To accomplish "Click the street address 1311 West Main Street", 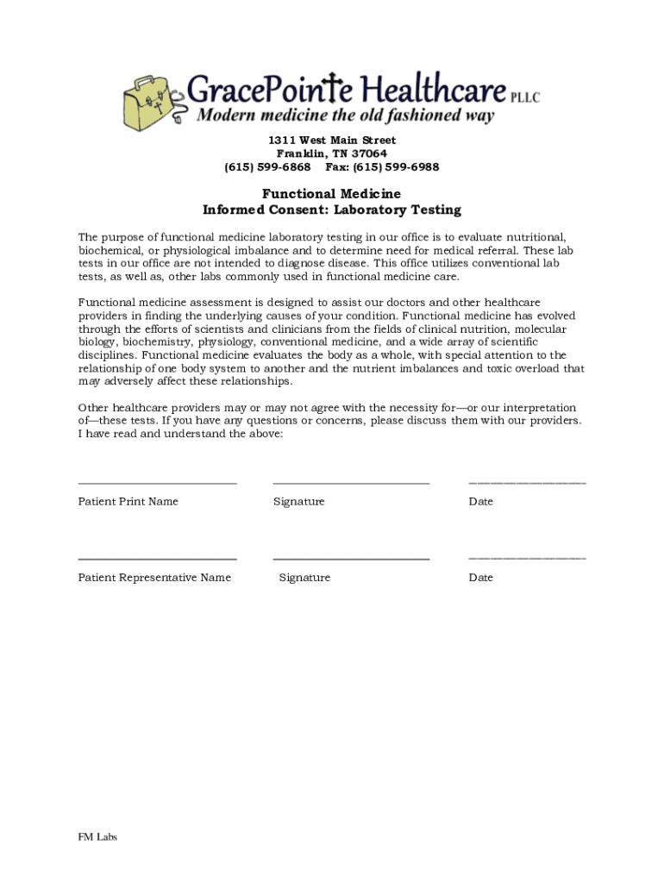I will click(332, 140).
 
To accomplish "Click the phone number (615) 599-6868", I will click(267, 167).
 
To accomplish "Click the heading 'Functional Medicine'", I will click(332, 194).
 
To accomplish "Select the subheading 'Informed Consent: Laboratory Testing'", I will click(332, 210).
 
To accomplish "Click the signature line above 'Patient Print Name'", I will click(157, 484).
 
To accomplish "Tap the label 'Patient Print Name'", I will click(128, 502).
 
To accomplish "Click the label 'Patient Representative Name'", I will click(154, 578).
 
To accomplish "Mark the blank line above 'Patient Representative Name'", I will click(157, 560).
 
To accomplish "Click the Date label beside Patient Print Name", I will click(480, 502).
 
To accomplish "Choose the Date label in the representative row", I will click(480, 578).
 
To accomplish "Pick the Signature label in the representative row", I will click(304, 578).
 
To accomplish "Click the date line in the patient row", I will click(527, 484).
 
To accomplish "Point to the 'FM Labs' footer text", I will click(97, 836).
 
